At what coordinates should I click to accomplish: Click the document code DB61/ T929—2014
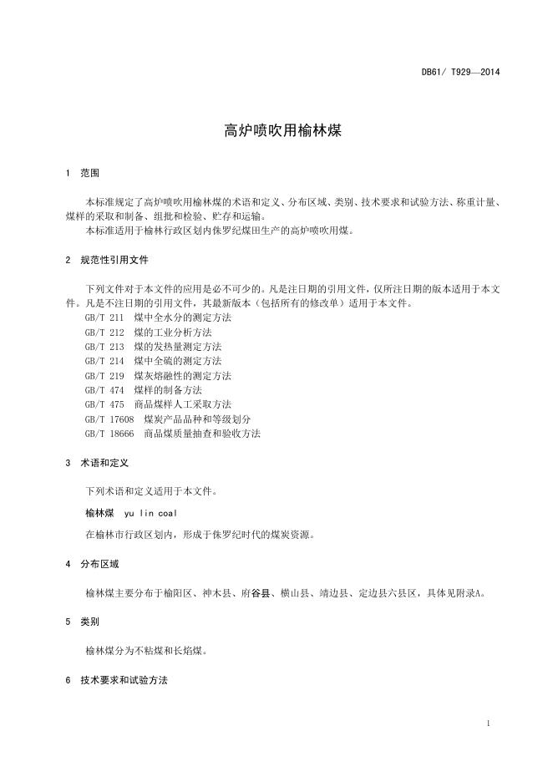[460, 72]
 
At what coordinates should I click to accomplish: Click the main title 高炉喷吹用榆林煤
[276, 130]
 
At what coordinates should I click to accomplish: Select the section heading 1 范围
[82, 173]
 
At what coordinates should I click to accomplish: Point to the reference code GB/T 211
[104, 319]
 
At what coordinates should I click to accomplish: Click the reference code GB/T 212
[104, 333]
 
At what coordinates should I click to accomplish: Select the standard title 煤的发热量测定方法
[178, 347]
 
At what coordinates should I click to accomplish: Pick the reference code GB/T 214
[104, 361]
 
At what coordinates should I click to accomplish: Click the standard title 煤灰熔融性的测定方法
[183, 376]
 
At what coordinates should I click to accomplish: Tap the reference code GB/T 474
[104, 389]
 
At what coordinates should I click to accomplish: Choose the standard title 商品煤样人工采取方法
[183, 404]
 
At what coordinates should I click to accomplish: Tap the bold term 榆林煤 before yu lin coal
[99, 513]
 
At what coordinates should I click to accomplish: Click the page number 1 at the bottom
[487, 723]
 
